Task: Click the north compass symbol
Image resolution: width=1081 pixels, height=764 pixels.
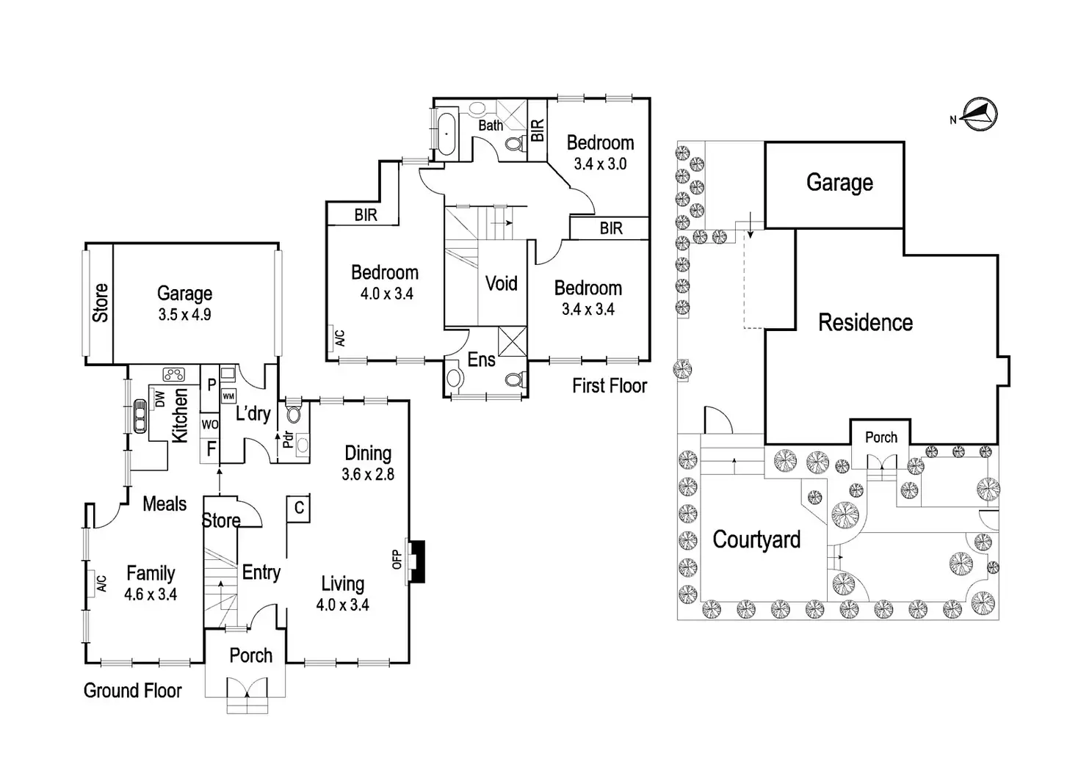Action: click(979, 114)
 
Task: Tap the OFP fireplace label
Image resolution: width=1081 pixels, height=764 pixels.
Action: click(397, 559)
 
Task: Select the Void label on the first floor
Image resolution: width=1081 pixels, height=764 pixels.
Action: click(502, 283)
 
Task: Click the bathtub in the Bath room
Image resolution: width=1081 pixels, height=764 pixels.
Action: click(447, 134)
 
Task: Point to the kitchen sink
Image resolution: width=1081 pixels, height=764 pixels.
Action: click(140, 416)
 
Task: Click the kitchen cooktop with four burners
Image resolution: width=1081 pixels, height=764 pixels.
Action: click(174, 374)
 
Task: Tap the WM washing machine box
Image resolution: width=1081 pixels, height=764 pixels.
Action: click(228, 396)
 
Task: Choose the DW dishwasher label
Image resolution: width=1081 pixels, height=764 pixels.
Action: click(160, 399)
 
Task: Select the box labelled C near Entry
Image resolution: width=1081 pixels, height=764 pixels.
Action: click(299, 508)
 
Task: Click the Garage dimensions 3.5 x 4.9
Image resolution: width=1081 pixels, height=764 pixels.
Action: click(185, 314)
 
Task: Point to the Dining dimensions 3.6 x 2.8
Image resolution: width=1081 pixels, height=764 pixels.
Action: click(368, 474)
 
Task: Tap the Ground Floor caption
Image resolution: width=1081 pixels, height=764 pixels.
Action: click(133, 690)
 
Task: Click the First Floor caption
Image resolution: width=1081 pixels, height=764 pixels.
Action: click(610, 386)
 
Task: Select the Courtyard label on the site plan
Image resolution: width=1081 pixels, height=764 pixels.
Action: click(756, 539)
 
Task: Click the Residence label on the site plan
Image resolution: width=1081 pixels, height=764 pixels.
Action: click(866, 322)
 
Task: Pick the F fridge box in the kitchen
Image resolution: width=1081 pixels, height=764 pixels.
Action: click(211, 449)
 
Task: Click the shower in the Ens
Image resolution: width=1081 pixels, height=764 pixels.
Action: click(512, 341)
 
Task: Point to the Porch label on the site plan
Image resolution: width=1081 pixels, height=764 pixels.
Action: click(881, 437)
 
